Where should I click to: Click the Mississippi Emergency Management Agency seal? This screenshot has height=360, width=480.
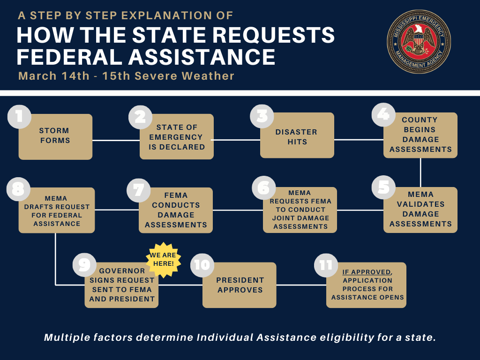(419, 42)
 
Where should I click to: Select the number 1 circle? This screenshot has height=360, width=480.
(19, 116)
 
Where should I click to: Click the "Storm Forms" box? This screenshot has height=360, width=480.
(55, 136)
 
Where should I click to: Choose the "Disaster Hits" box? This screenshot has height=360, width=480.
(297, 136)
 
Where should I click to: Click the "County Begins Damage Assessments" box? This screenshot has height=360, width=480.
(420, 135)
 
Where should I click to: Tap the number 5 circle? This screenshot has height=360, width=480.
(383, 187)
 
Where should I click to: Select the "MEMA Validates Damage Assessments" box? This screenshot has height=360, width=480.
(420, 210)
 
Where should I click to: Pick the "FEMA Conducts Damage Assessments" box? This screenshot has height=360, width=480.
(176, 210)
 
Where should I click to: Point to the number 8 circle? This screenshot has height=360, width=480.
(18, 188)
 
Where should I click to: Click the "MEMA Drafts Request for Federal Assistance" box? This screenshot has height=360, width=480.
(57, 211)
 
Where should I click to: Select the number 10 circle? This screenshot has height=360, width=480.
(202, 265)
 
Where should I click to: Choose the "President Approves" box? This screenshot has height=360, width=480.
(240, 285)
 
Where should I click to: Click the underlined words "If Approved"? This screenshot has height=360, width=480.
(366, 272)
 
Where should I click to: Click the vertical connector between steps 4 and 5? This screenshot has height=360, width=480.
(420, 172)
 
